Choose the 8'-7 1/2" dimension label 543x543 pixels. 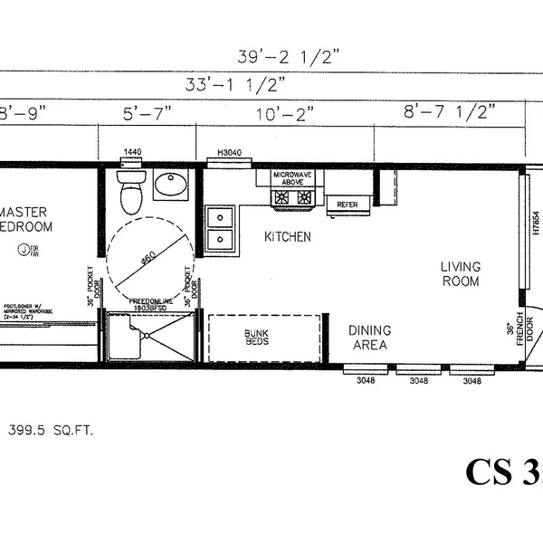pyautogui.click(x=450, y=113)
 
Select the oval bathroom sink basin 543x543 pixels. pyautogui.click(x=169, y=187)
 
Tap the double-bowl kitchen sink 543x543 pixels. pyautogui.click(x=220, y=228)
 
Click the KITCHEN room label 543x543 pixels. pyautogui.click(x=288, y=237)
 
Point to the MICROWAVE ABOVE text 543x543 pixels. pyautogui.click(x=291, y=178)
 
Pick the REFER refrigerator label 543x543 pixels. pyautogui.click(x=348, y=205)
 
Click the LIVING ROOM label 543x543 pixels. pyautogui.click(x=460, y=273)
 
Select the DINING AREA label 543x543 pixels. pyautogui.click(x=369, y=338)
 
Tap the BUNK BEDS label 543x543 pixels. pyautogui.click(x=255, y=338)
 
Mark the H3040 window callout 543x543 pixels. pyautogui.click(x=232, y=155)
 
